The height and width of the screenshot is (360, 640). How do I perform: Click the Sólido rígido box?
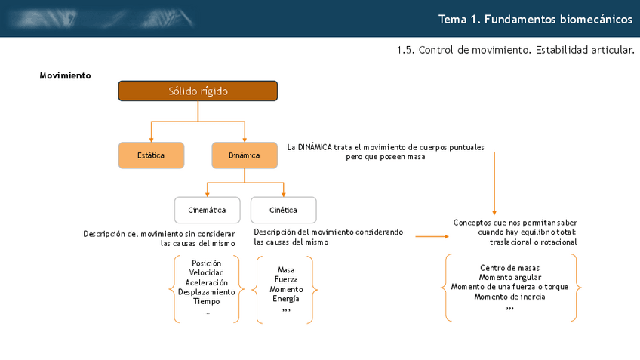click(x=198, y=91)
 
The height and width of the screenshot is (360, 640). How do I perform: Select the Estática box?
click(x=151, y=155)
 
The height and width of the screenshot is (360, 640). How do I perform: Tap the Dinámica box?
click(x=244, y=155)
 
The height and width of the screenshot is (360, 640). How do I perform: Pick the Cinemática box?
click(x=207, y=210)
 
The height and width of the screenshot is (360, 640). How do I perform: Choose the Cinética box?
click(x=283, y=210)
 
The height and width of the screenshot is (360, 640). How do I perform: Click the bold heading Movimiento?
click(x=65, y=75)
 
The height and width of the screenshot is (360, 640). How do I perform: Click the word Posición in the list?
click(x=207, y=263)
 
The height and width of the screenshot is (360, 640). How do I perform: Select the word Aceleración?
click(x=207, y=282)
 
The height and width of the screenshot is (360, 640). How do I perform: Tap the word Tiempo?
click(x=207, y=301)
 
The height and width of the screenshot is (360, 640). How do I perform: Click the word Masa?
click(x=286, y=269)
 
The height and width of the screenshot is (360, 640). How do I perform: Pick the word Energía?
click(x=286, y=299)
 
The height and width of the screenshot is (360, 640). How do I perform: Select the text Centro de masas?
click(x=509, y=268)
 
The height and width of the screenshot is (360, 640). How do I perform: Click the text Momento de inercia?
click(x=509, y=297)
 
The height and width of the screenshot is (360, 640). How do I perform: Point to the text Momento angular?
click(x=509, y=277)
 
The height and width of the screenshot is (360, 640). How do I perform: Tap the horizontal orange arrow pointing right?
click(x=432, y=236)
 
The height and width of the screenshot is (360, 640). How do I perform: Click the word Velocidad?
click(x=207, y=272)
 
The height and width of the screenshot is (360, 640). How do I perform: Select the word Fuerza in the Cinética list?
click(x=286, y=279)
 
